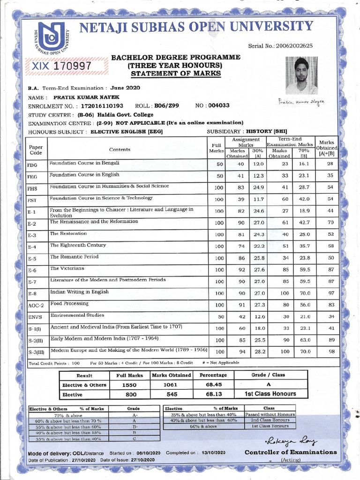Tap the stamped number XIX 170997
(61, 66)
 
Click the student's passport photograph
(301, 76)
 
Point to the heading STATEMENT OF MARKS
(176, 74)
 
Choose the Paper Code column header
(36, 150)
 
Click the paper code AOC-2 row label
(36, 306)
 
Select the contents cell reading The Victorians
(67, 269)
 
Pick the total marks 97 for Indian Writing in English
(330, 293)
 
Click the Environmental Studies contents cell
(77, 315)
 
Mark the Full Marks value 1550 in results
(129, 385)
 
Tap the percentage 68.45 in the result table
(213, 385)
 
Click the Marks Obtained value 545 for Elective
(171, 394)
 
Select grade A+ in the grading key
(135, 415)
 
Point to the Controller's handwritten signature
(291, 441)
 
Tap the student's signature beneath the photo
(301, 101)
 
